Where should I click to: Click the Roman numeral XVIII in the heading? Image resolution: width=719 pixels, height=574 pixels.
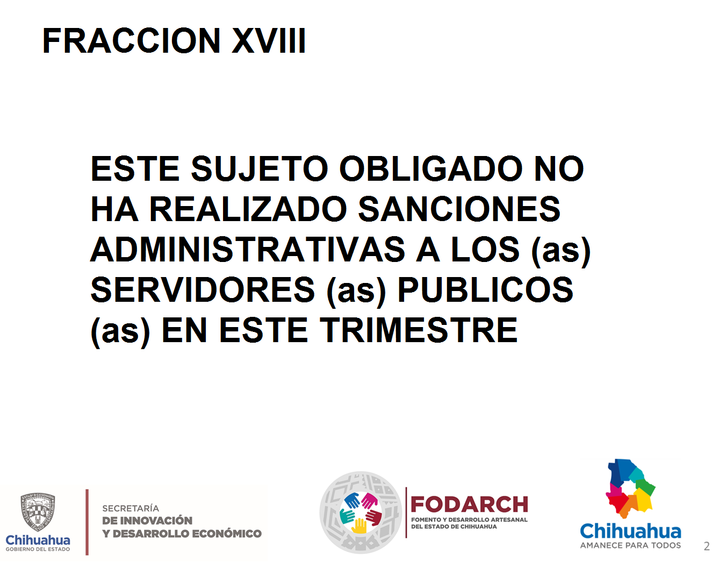point(269,40)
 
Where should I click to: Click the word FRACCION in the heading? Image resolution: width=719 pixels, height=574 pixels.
point(131,40)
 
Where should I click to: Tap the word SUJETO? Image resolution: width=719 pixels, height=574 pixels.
point(259,169)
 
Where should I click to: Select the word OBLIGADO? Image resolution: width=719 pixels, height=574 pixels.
point(430,168)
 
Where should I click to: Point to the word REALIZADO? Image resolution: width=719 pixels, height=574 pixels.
point(248,209)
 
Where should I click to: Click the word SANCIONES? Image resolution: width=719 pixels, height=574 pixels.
point(459,209)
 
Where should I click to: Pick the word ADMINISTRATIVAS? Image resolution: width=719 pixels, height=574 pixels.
point(248,250)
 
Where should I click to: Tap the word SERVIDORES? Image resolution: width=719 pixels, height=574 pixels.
point(203,289)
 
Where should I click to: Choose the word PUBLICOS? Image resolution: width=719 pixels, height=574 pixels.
point(485,289)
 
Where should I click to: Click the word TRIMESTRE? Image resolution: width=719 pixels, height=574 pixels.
point(419,330)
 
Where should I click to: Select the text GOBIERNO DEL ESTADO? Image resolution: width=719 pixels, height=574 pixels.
point(38,549)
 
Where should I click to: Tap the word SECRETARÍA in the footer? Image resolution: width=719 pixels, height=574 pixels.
point(130,508)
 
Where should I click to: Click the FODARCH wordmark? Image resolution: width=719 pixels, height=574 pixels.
point(469,505)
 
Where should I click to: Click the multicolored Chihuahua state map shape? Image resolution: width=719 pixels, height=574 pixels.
point(629,488)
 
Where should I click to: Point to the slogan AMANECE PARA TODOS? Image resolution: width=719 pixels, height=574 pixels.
point(630,545)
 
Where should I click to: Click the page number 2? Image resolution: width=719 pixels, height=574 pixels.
point(706,546)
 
